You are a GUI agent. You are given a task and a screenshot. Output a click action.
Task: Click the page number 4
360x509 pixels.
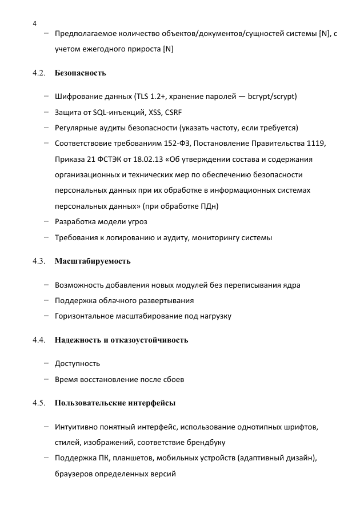click(x=35, y=23)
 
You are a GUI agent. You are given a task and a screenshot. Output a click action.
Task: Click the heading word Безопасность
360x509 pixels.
click(x=81, y=73)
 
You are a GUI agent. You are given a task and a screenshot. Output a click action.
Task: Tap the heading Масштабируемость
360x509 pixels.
click(x=93, y=261)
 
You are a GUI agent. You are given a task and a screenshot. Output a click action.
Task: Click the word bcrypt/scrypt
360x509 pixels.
click(x=272, y=96)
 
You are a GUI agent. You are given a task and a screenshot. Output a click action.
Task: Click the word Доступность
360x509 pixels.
click(x=77, y=363)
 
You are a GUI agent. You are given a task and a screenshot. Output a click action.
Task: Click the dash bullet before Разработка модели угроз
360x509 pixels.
click(x=46, y=221)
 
